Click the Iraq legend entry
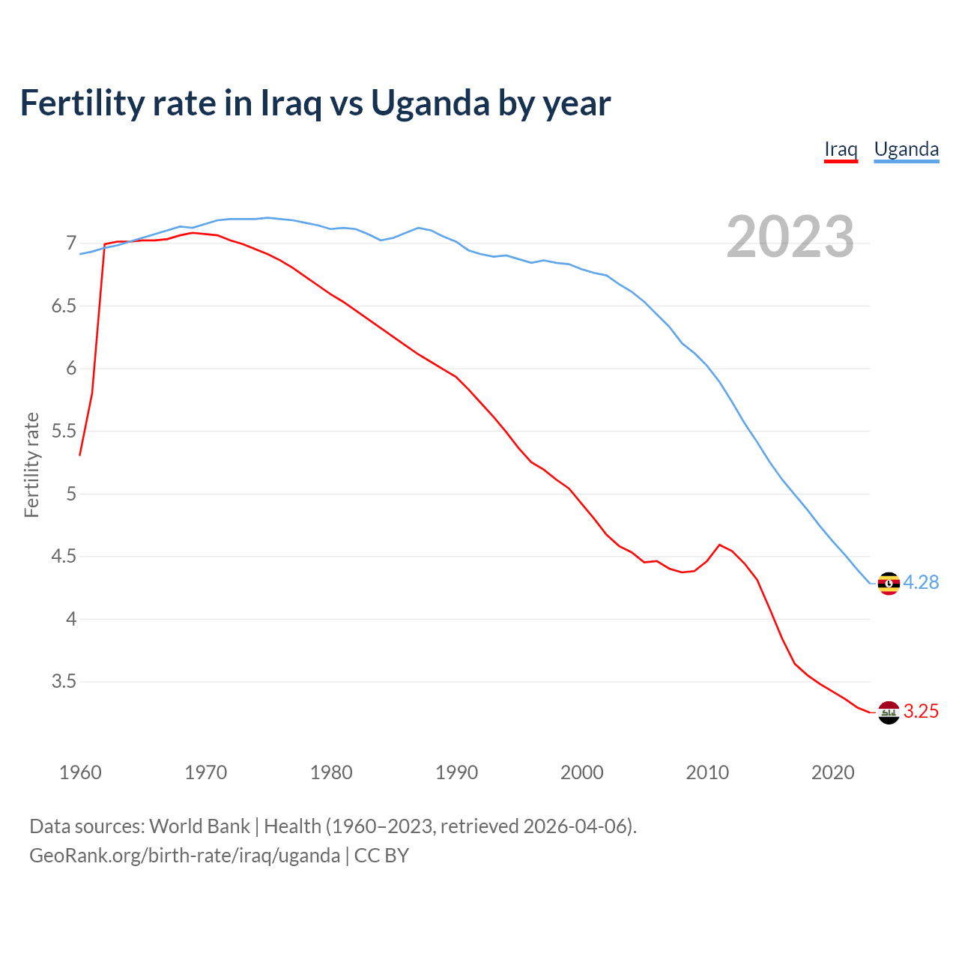[x=841, y=149]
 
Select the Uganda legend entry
[x=906, y=149]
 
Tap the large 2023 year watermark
[x=790, y=237]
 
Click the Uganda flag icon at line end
[x=889, y=583]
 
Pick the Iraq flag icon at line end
[x=889, y=713]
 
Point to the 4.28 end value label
[x=921, y=583]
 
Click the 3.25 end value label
[x=921, y=712]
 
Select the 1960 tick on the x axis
[x=80, y=772]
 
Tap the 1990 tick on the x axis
[x=456, y=772]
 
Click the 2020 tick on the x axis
[x=832, y=772]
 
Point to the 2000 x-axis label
[x=581, y=772]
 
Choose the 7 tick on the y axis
[x=71, y=243]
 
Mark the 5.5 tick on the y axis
[x=64, y=432]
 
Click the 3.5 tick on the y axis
[x=64, y=682]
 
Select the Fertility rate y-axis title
[x=31, y=465]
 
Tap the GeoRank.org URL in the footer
[x=184, y=856]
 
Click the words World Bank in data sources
[x=199, y=826]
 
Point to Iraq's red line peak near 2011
[x=719, y=545]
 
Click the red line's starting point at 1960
[x=80, y=455]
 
